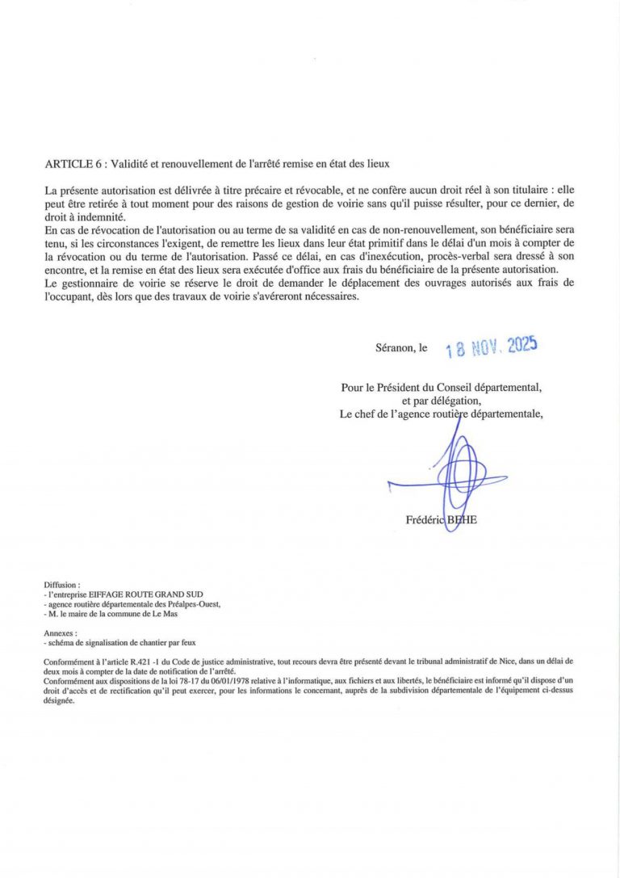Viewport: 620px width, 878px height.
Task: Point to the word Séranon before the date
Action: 395,348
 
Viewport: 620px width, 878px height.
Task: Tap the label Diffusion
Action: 62,584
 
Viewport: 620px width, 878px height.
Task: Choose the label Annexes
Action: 61,634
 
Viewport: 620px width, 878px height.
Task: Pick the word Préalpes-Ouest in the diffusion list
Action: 193,604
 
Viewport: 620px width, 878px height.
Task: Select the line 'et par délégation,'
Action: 441,401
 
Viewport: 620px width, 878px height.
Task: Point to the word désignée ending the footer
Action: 60,701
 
